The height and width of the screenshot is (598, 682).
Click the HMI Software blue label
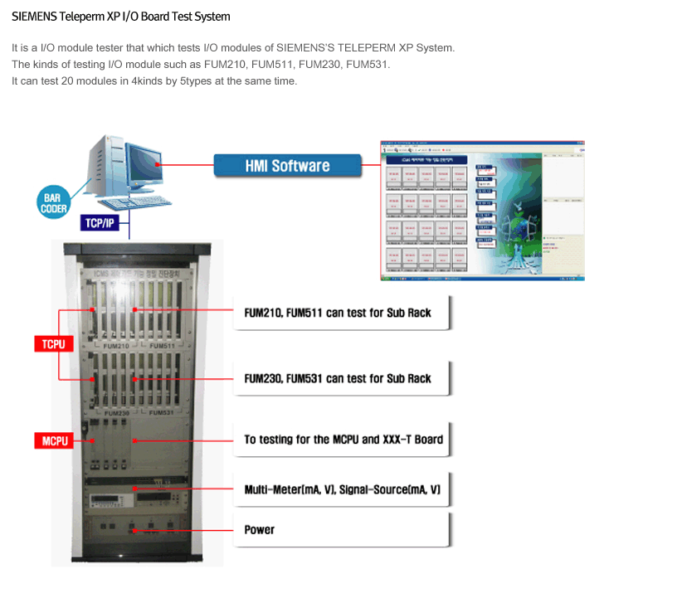[x=287, y=166]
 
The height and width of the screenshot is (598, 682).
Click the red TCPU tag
[x=54, y=343]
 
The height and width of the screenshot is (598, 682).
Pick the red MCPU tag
[x=54, y=440]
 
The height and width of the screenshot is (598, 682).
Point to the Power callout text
[x=259, y=530]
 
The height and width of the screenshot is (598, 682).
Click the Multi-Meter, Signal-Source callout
[x=342, y=490]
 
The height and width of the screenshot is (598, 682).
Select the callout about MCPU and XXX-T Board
[x=343, y=440]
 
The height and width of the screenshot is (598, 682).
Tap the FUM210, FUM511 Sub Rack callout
[x=338, y=313]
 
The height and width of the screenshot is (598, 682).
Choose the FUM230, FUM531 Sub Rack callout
[x=338, y=378]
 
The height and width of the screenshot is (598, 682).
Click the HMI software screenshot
[x=482, y=210]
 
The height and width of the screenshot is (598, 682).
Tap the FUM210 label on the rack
[x=116, y=345]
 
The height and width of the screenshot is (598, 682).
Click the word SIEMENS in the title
[x=34, y=17]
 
